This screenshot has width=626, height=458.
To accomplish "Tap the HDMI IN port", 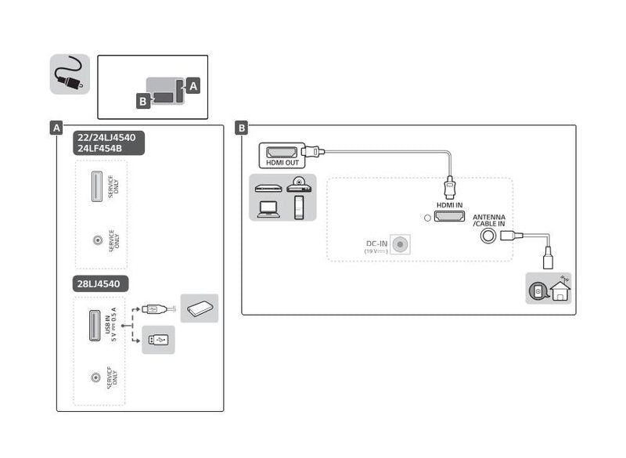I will tap(449, 217).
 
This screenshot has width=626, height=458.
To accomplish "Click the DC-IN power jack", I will tap(401, 244).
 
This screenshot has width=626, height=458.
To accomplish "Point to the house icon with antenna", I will tap(561, 289).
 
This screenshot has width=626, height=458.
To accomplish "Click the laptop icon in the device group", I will tap(268, 207).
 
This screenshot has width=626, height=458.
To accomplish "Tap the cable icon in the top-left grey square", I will tap(70, 74).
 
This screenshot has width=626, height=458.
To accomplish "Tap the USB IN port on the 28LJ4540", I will tap(95, 326).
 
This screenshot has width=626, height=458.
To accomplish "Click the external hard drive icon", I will tap(200, 308).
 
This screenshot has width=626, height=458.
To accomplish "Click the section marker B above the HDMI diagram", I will tap(243, 128).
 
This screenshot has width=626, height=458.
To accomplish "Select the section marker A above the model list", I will tap(56, 128).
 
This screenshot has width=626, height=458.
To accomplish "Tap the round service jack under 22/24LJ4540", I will tap(96, 241).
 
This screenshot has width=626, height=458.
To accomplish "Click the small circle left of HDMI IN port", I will tap(426, 217).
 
